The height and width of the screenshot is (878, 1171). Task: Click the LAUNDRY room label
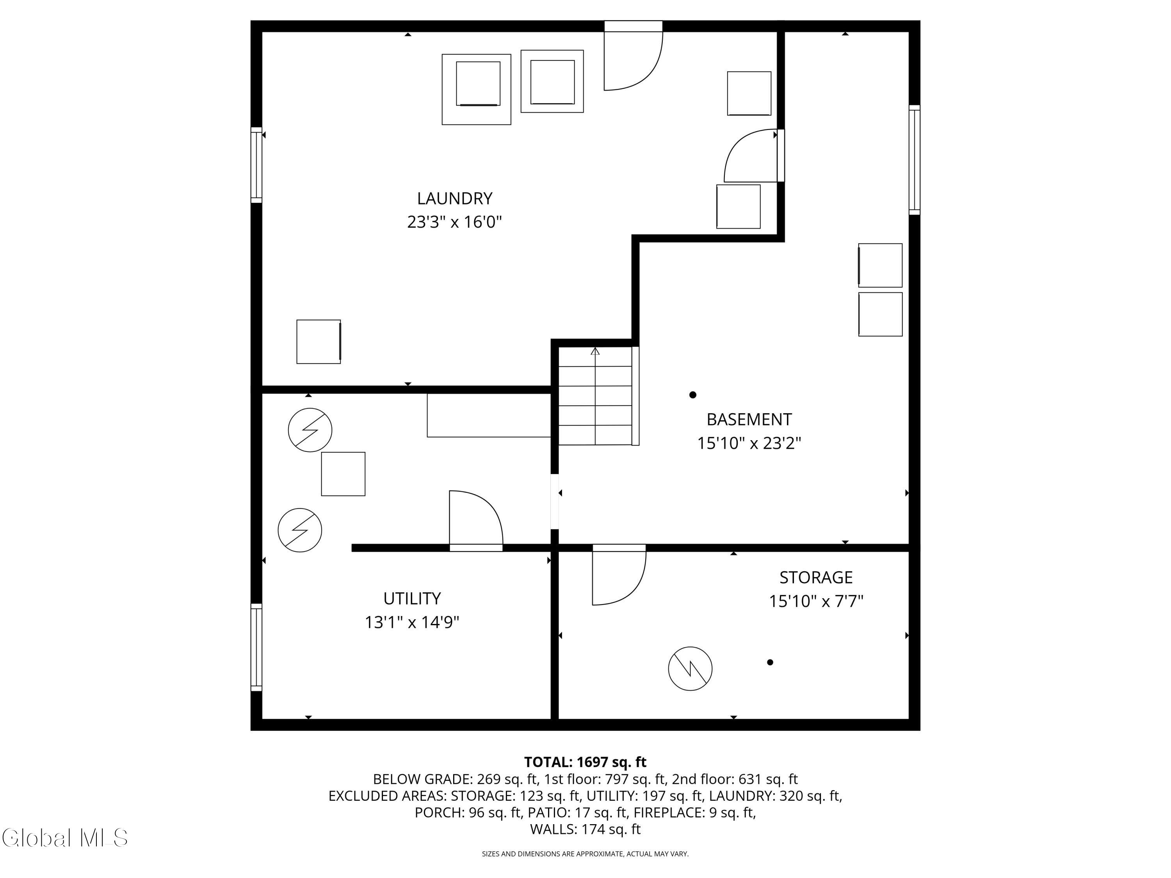[454, 199]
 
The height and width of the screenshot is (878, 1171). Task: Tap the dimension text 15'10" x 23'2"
[749, 443]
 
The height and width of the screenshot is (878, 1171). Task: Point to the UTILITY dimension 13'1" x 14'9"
[411, 622]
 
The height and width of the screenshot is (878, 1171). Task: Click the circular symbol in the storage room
[690, 668]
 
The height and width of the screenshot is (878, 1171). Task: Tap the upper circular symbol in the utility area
[310, 430]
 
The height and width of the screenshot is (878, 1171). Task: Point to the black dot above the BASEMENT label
[692, 395]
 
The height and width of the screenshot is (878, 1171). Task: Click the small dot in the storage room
[770, 662]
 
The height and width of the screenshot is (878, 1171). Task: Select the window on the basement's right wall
[914, 160]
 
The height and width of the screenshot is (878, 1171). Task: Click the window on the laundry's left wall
[256, 165]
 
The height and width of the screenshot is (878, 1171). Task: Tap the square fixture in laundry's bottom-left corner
[318, 341]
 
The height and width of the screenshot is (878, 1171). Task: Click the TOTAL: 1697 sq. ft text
[585, 762]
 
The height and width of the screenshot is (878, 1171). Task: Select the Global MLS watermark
[64, 838]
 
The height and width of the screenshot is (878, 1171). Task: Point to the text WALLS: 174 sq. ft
[585, 829]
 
